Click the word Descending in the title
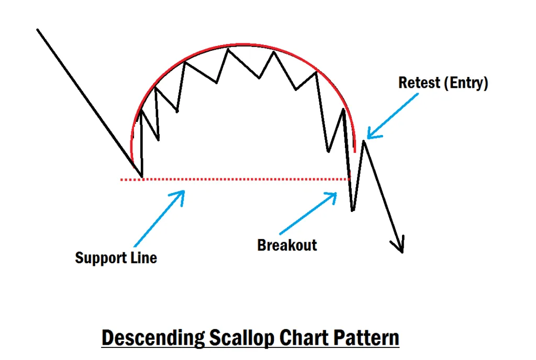[151, 337]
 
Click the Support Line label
[116, 257]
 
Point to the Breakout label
[287, 245]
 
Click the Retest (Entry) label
[443, 83]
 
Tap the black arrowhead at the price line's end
[401, 251]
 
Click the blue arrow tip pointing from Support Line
[183, 192]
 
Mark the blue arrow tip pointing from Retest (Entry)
[368, 138]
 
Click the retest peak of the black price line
[364, 141]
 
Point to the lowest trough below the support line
[353, 210]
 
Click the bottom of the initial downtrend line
[141, 176]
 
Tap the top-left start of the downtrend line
[38, 30]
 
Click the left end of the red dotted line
[121, 179]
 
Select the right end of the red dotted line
[348, 179]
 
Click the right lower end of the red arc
[355, 152]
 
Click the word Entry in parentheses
[464, 83]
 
